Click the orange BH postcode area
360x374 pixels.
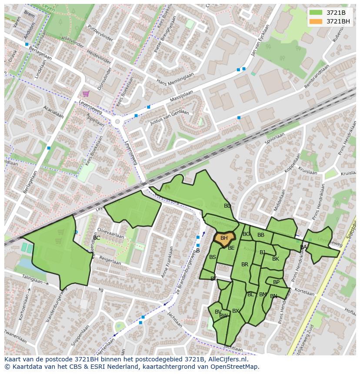tap(224, 238)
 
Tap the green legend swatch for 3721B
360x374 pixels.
tap(316, 13)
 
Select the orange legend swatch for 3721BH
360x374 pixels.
tap(316, 21)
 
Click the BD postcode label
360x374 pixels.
tap(227, 206)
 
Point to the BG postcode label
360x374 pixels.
tap(247, 234)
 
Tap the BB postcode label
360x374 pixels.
tap(261, 235)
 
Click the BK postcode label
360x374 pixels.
tap(276, 259)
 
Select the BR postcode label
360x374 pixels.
tap(245, 265)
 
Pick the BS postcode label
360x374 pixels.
tap(213, 257)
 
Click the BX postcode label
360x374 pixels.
tap(236, 311)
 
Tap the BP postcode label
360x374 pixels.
tap(277, 282)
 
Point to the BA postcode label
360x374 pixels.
tap(303, 247)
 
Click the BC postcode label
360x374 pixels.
tap(97, 238)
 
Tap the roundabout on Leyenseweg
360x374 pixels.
tap(117, 122)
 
